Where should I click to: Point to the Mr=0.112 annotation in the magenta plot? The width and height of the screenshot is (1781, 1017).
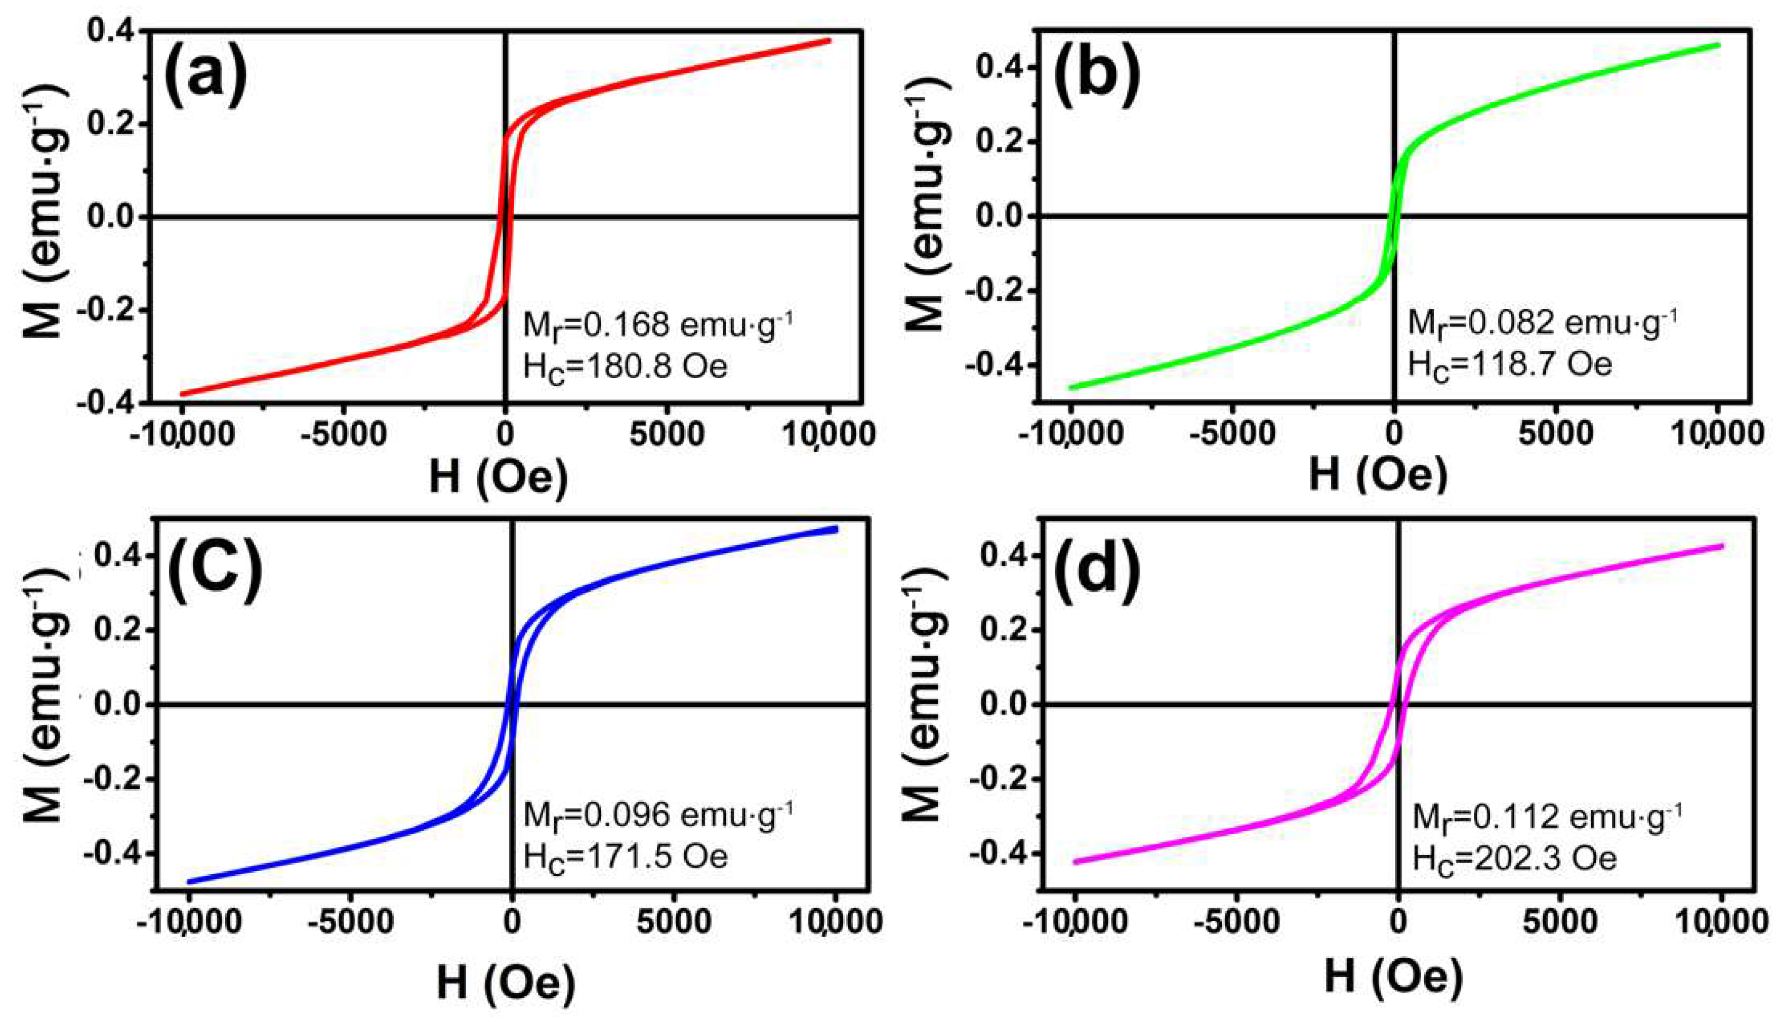tap(1547, 816)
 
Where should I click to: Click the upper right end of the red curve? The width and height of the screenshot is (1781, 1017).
tap(829, 40)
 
